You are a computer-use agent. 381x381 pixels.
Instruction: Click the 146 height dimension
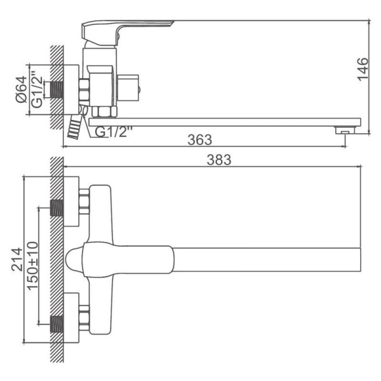(363, 69)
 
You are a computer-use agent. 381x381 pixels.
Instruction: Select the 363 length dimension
(200, 140)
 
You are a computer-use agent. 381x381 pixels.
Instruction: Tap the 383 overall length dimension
(219, 160)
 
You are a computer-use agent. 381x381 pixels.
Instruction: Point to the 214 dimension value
(17, 259)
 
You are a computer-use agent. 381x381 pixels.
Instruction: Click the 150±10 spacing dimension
(32, 266)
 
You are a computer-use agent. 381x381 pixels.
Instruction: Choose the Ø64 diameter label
(22, 89)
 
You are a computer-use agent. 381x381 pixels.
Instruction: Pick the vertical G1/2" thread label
(37, 89)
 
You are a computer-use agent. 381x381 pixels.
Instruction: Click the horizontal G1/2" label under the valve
(114, 132)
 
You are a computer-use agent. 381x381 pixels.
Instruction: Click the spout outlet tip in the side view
(345, 130)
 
